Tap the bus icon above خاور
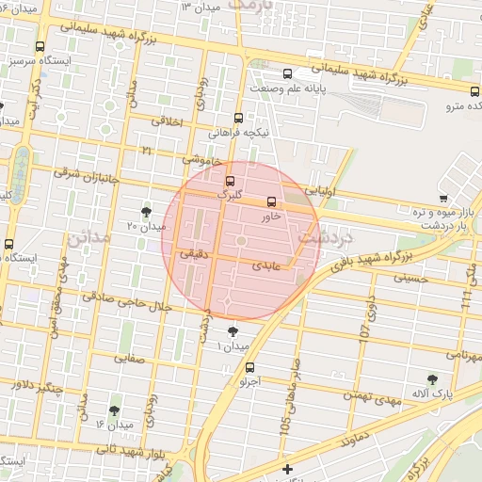coord(272,201)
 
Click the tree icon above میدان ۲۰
coord(146,211)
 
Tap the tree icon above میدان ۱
coord(233,331)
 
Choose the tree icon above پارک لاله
coord(432,378)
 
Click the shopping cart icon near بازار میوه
coord(442,198)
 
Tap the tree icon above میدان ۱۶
coord(115,410)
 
